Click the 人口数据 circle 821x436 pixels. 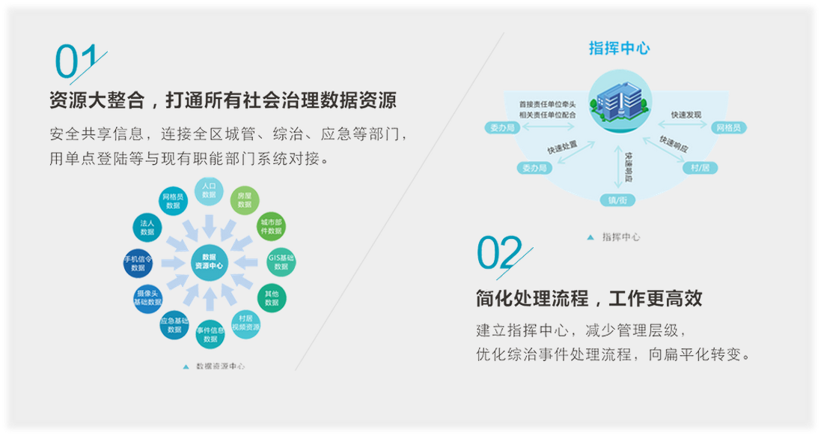[209, 190]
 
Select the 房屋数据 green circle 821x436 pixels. [244, 200]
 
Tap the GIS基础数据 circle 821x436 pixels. [281, 261]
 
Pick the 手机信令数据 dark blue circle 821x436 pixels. [138, 262]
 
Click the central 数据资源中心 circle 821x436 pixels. [209, 261]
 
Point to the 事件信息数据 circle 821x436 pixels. [210, 334]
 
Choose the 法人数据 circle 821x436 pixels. [147, 227]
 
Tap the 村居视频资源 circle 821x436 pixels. [245, 324]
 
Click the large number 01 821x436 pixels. [76, 62]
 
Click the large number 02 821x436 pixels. [499, 252]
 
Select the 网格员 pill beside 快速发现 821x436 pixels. [727, 128]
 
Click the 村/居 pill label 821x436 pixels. [700, 168]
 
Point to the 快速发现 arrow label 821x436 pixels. [686, 115]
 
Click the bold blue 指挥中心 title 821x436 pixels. [619, 49]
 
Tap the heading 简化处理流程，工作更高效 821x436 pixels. [588, 299]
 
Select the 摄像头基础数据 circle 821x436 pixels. [147, 297]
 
